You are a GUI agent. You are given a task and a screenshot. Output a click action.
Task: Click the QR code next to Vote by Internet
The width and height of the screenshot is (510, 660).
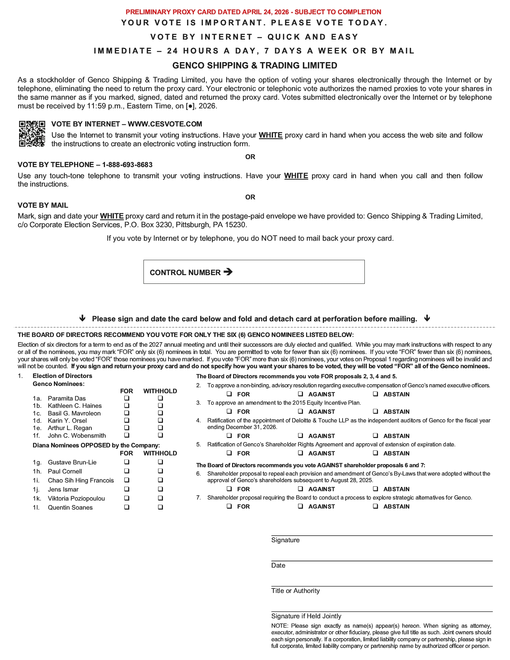(32, 134)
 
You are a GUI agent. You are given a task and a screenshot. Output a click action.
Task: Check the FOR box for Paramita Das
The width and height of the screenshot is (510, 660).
(127, 398)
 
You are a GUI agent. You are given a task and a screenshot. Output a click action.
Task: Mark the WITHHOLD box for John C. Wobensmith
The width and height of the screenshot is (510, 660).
(160, 435)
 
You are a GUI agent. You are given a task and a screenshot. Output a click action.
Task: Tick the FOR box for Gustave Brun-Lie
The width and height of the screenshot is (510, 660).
(127, 462)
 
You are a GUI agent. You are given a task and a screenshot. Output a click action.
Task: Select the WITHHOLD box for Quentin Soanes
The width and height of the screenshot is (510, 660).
(160, 507)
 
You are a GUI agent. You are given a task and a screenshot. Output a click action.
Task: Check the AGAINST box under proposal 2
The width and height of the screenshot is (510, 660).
(301, 394)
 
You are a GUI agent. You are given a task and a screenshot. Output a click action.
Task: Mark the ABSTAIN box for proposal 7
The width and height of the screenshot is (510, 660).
(376, 506)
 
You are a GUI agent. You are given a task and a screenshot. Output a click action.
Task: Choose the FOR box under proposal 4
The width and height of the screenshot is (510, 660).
(229, 436)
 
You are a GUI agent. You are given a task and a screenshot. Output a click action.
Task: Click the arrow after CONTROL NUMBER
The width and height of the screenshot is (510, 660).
(228, 272)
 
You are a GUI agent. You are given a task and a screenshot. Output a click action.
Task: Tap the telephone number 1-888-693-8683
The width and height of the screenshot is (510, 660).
(127, 165)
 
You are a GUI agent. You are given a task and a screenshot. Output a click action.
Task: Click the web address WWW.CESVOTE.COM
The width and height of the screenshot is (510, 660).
(165, 124)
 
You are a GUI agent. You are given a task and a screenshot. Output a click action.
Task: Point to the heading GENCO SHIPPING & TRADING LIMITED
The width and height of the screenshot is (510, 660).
(255, 65)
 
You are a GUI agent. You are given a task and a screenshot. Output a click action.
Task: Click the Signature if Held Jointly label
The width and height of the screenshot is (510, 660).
(306, 616)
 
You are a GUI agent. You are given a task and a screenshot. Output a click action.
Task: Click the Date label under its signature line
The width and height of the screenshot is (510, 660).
(278, 565)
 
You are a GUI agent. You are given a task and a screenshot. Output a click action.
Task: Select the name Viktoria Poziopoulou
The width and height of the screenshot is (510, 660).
(76, 498)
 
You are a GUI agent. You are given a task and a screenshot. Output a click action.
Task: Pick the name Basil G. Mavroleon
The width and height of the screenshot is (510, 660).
(74, 413)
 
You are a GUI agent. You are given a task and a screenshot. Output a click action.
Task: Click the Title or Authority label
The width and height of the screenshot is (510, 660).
(295, 591)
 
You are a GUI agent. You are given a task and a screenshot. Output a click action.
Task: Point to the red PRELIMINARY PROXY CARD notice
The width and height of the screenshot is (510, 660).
(253, 12)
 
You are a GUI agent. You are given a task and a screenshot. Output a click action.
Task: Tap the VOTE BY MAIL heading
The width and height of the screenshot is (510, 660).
(43, 205)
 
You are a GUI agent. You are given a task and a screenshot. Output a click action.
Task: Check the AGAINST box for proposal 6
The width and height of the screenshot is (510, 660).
(301, 489)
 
